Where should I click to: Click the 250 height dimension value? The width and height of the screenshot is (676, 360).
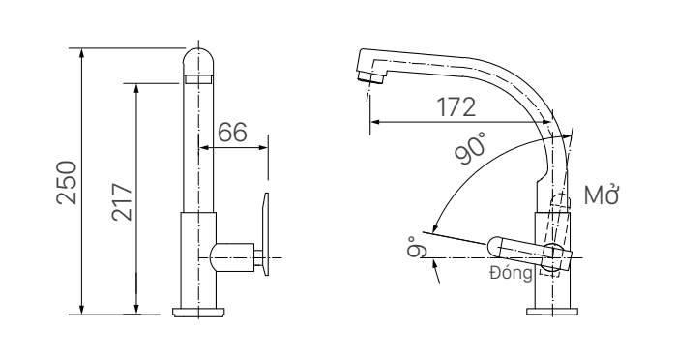pyautogui.click(x=67, y=182)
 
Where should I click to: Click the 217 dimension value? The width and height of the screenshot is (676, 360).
pyautogui.click(x=122, y=202)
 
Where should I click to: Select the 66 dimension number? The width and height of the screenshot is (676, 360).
pyautogui.click(x=232, y=132)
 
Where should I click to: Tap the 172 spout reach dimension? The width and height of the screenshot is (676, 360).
pyautogui.click(x=456, y=107)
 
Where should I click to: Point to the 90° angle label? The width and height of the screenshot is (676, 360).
pyautogui.click(x=469, y=148)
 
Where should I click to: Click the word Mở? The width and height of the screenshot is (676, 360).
pyautogui.click(x=601, y=195)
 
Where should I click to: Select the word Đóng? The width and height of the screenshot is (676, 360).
pyautogui.click(x=511, y=272)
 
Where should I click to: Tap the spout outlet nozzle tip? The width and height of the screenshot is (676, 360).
pyautogui.click(x=370, y=78)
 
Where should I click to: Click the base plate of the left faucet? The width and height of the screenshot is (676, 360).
pyautogui.click(x=199, y=312)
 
